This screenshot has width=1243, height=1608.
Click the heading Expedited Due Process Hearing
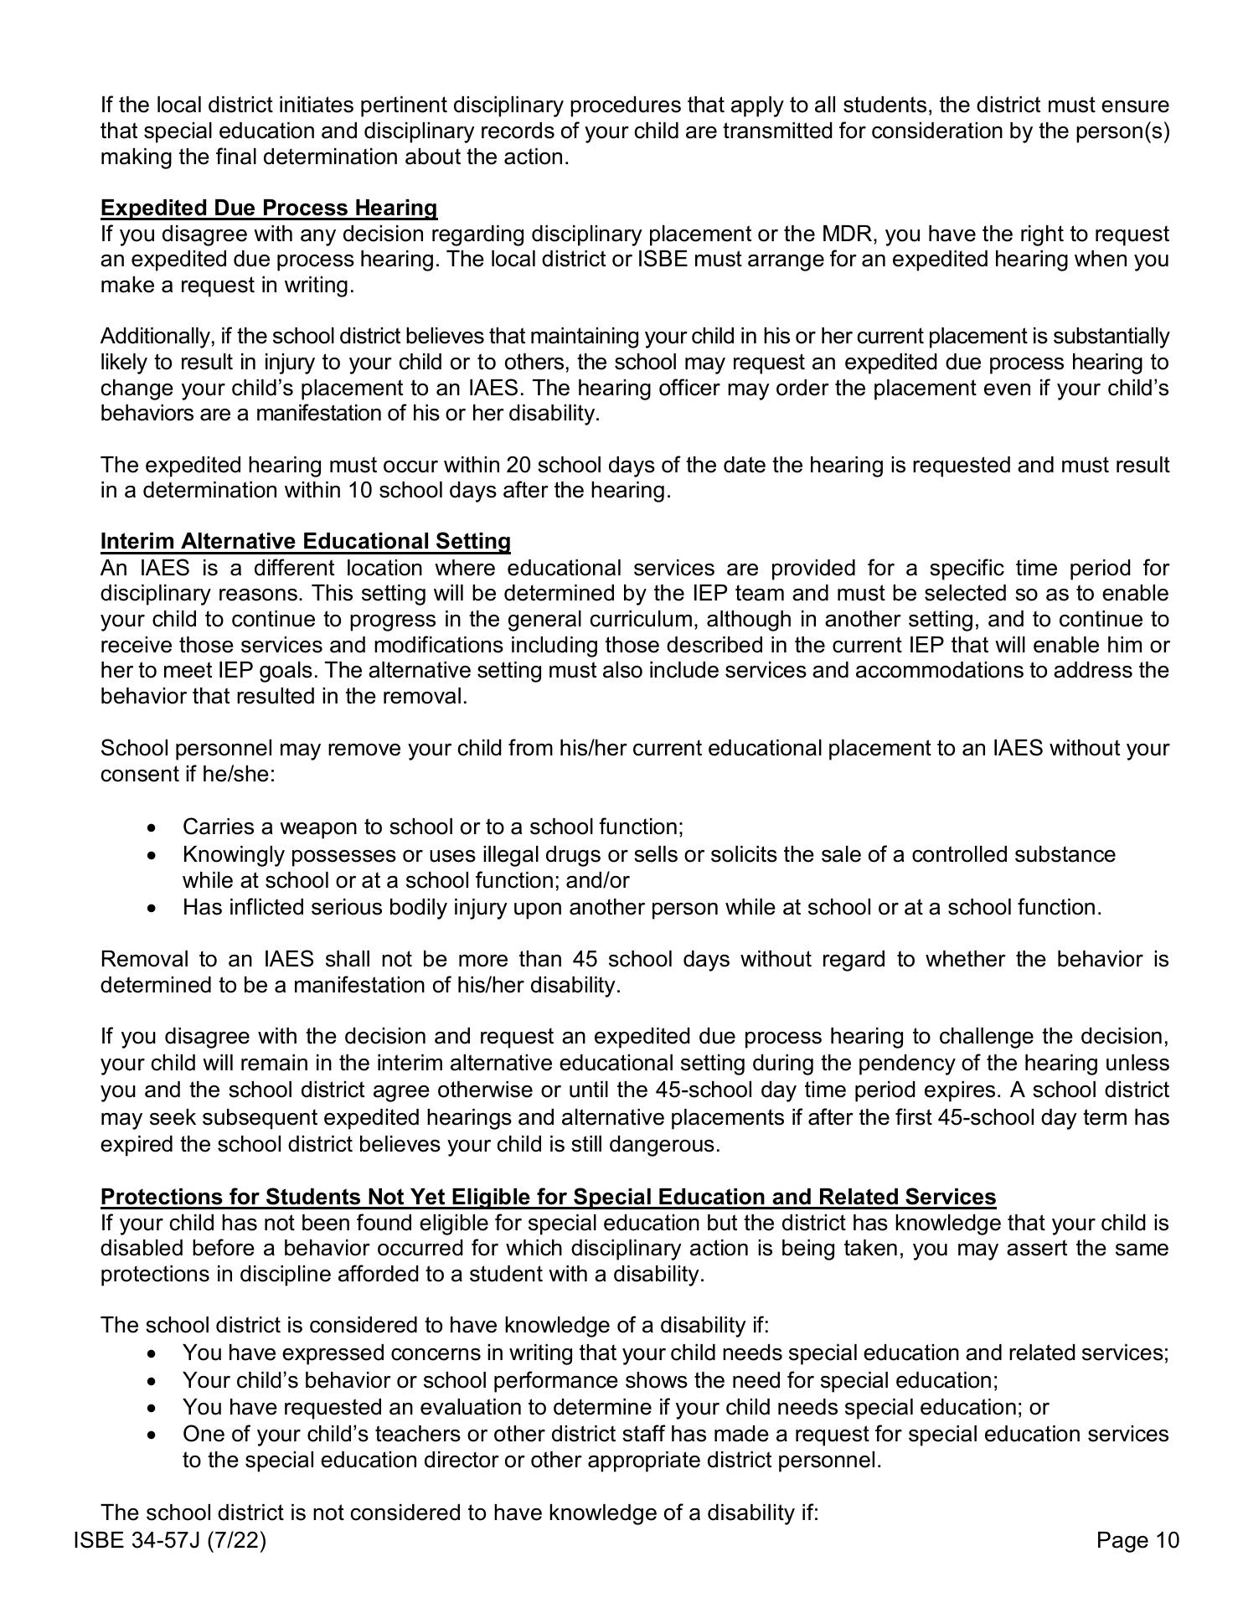pyautogui.click(x=268, y=208)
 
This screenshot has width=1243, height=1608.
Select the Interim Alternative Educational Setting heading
pyautogui.click(x=305, y=541)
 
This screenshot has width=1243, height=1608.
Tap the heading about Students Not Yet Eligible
pyautogui.click(x=548, y=1196)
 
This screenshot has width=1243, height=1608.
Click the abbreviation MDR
pyautogui.click(x=846, y=234)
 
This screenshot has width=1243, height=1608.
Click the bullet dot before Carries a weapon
pyautogui.click(x=151, y=827)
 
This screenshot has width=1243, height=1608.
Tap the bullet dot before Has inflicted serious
pyautogui.click(x=151, y=908)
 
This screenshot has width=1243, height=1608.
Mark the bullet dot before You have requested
pyautogui.click(x=151, y=1408)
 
